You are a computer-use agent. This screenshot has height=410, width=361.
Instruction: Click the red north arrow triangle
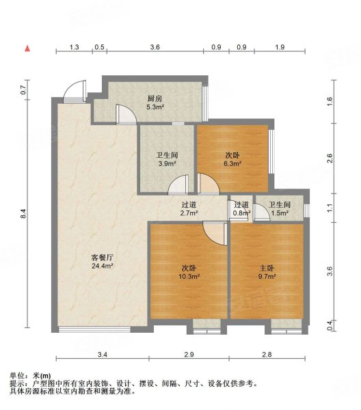tap(27, 49)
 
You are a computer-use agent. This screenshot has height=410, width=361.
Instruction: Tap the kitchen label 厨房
tap(155, 99)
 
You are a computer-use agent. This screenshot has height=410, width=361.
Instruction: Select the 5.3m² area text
tap(155, 107)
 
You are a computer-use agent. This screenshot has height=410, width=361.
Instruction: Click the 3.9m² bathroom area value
tap(167, 164)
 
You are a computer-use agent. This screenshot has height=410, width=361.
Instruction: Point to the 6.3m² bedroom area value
tap(232, 164)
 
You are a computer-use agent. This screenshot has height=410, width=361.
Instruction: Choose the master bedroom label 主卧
tap(267, 268)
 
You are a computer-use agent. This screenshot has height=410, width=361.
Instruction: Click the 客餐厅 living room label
tap(103, 258)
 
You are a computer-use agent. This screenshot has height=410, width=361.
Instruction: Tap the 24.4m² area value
tap(103, 266)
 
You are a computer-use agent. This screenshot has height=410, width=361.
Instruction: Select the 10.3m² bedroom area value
tap(189, 276)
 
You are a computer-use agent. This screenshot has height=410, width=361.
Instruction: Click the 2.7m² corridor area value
tap(189, 213)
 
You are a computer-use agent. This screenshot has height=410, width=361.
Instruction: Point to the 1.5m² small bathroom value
tap(280, 213)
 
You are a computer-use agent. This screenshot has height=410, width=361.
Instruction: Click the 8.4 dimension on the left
tap(23, 214)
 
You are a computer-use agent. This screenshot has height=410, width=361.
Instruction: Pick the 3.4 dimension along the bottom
tap(103, 355)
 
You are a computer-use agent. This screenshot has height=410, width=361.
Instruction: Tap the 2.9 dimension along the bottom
tap(189, 355)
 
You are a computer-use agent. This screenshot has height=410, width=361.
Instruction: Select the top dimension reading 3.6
tap(155, 47)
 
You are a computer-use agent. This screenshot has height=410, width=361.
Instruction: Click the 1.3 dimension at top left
tap(75, 47)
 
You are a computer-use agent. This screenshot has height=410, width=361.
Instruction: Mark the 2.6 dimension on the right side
tap(330, 159)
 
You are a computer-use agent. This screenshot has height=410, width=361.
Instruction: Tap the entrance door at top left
tap(75, 92)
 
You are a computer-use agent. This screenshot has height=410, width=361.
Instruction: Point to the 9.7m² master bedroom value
tap(267, 276)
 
